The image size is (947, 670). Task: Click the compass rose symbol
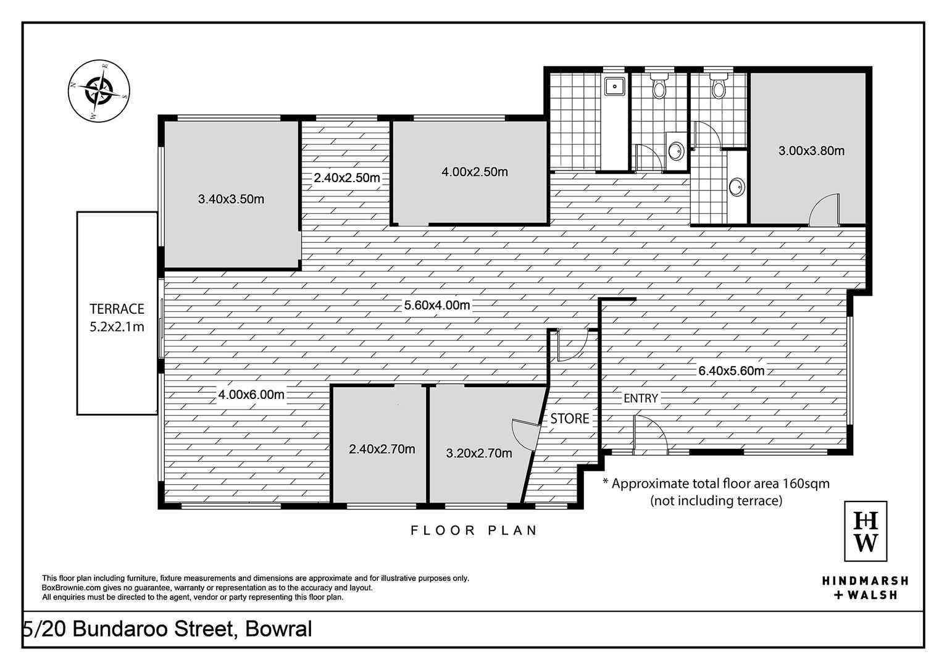point(99,91)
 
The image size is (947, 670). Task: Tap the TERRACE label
point(117,309)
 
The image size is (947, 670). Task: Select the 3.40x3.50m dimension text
point(231,199)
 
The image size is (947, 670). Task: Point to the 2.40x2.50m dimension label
point(347,178)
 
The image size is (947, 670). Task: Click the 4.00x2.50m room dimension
point(474,172)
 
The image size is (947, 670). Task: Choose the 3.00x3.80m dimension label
point(811,151)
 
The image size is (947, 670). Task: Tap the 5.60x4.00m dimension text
point(436,305)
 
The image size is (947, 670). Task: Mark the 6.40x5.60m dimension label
point(732,371)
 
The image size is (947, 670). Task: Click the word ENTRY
point(641,398)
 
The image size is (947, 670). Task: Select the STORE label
point(569,419)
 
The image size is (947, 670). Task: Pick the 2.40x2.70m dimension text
point(382,449)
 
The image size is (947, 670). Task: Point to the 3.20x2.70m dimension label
point(479,453)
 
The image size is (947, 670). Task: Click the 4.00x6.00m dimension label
point(251,395)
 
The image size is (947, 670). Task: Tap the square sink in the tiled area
point(615,86)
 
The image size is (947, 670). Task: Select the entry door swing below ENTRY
point(650,435)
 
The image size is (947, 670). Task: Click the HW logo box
point(866,531)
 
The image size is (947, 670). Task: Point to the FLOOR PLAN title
point(474,530)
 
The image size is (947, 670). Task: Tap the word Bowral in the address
point(278,629)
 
